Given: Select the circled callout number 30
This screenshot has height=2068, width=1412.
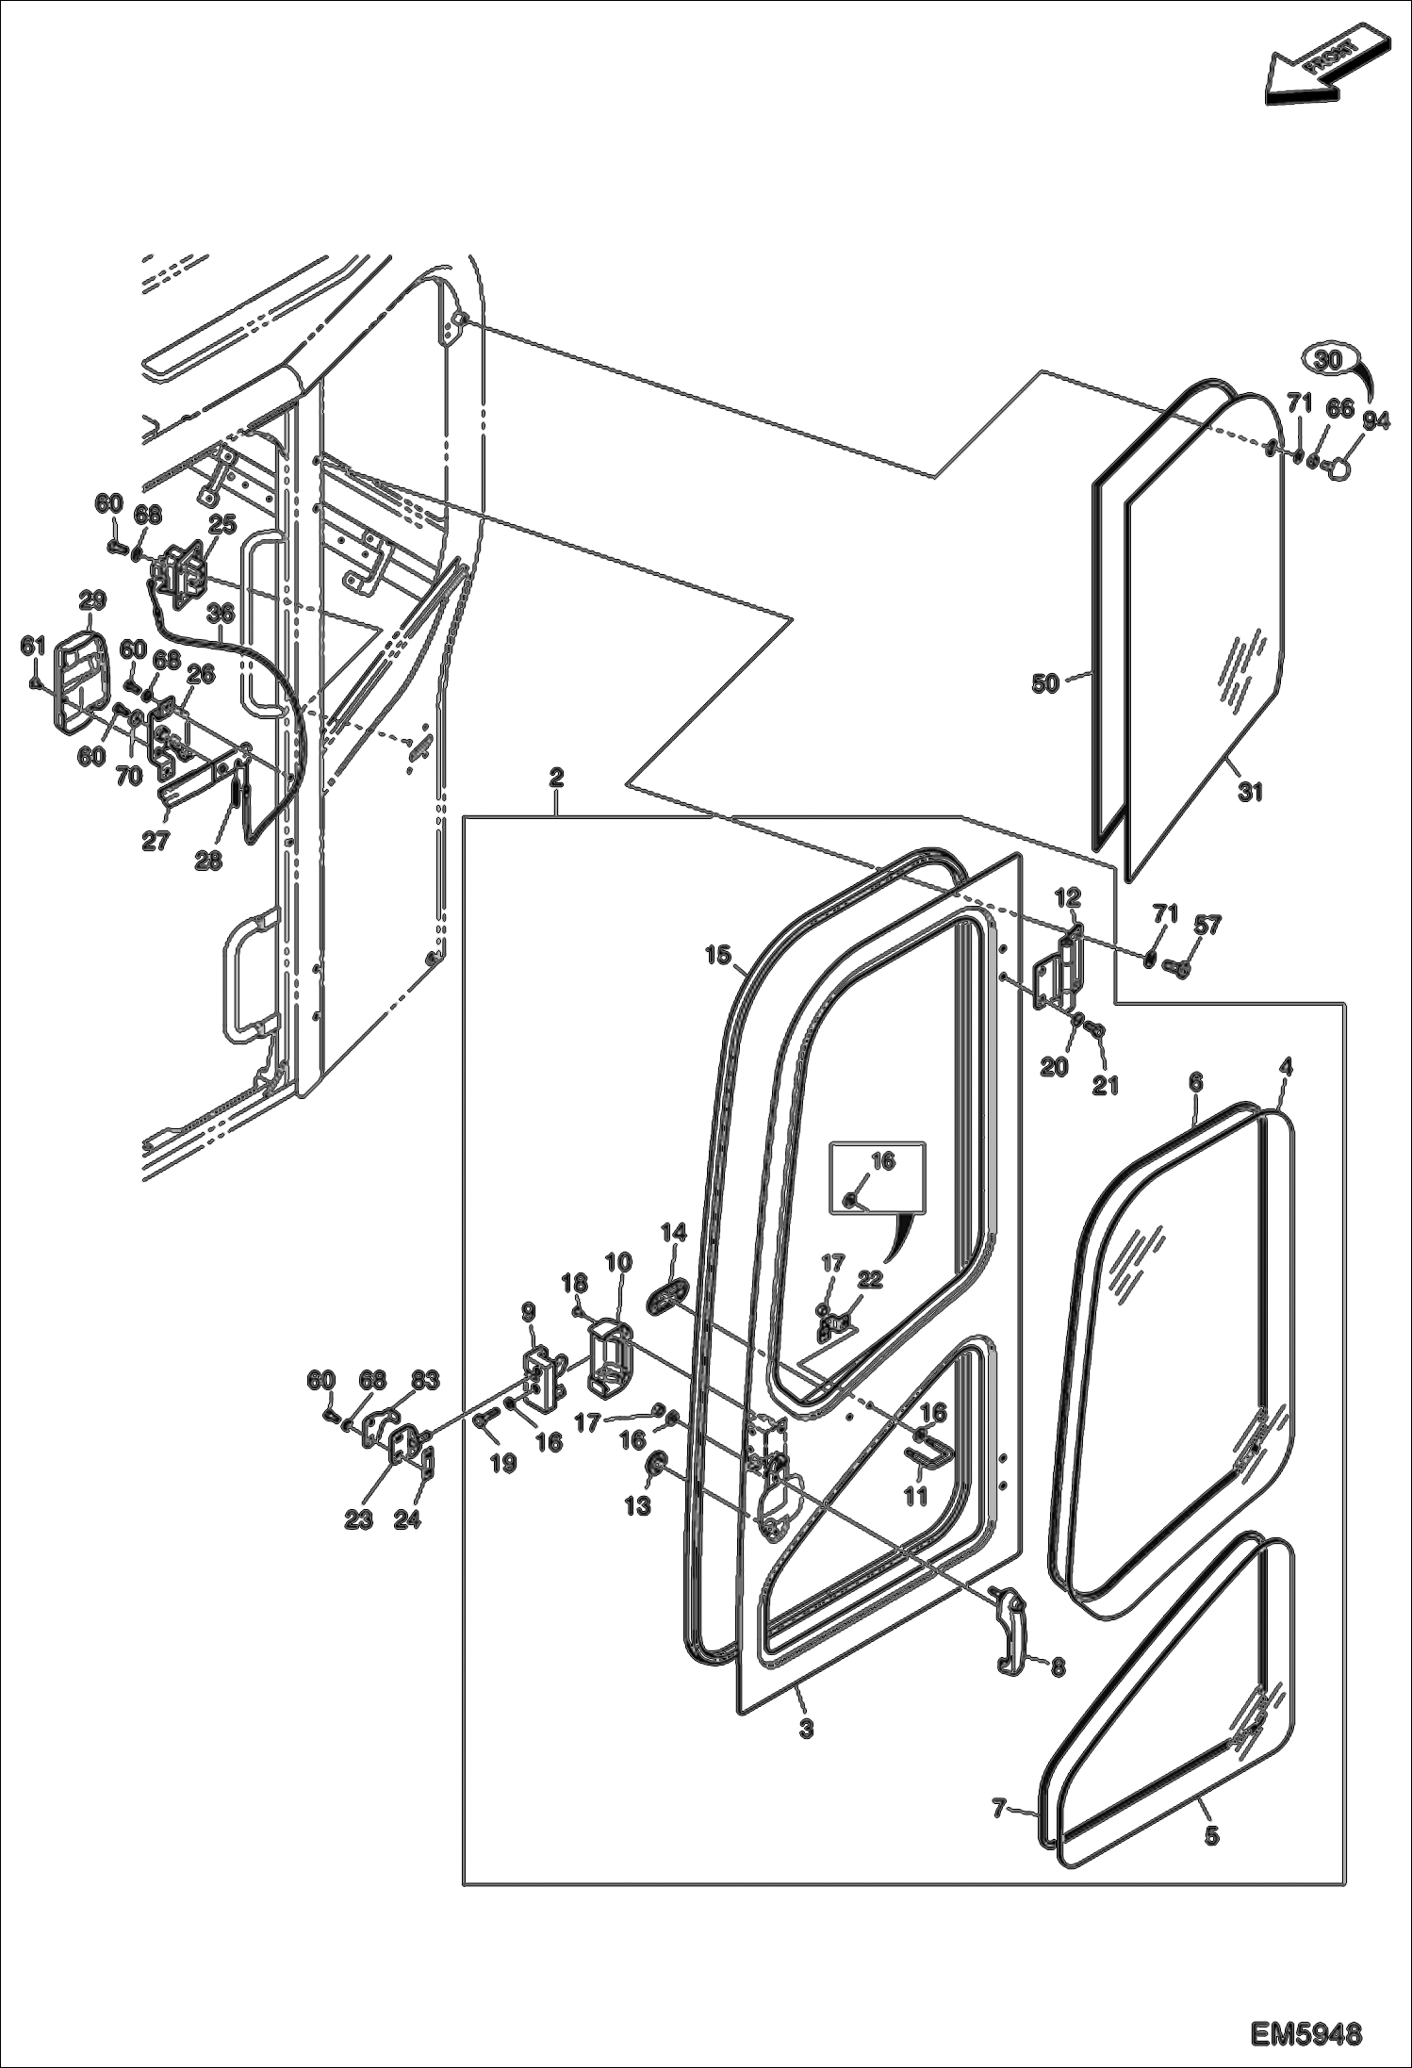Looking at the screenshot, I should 1327,360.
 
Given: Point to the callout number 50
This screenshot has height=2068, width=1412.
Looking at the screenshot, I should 1044,683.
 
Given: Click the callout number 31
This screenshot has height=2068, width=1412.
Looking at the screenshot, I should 1249,793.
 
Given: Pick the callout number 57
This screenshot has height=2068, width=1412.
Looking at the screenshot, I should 1207,926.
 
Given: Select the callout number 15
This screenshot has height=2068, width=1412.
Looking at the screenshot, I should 718,956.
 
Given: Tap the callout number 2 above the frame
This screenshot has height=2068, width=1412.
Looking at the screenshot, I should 556,778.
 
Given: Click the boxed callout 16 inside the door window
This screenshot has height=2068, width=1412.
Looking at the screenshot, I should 882,1161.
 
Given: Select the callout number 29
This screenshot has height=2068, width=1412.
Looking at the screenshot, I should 92,599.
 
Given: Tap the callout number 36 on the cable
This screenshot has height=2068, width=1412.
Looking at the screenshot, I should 220,613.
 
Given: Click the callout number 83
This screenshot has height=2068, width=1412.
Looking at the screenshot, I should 424,1381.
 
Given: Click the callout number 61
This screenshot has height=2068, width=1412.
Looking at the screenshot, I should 33,647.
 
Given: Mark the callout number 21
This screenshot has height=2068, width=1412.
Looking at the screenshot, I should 1105,1085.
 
